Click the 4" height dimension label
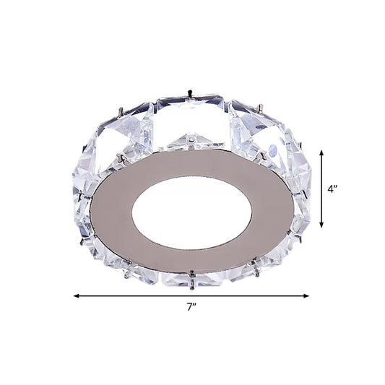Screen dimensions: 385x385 tap(334, 191)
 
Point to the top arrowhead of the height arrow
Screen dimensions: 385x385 tap(321, 150)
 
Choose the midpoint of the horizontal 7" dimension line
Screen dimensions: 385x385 tap(191, 295)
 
